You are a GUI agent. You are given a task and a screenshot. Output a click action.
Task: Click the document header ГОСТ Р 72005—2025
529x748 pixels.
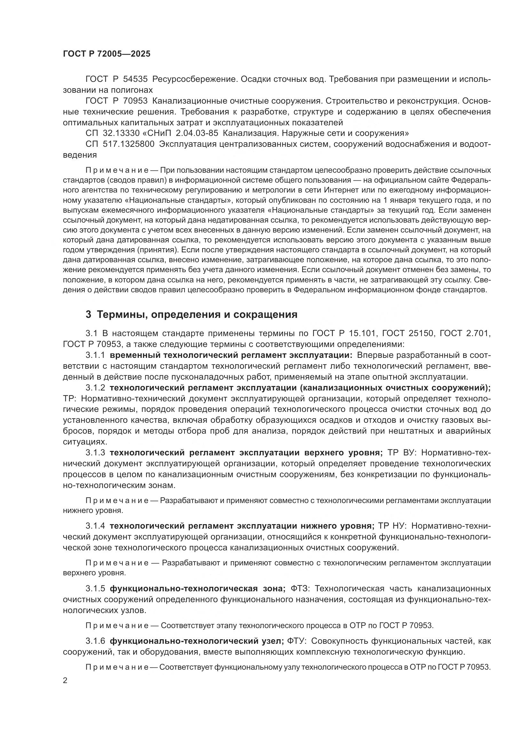(107, 54)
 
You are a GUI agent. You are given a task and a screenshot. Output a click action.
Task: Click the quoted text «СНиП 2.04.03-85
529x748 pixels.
(186, 133)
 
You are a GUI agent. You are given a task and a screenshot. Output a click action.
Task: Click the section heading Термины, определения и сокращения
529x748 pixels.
(197, 314)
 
